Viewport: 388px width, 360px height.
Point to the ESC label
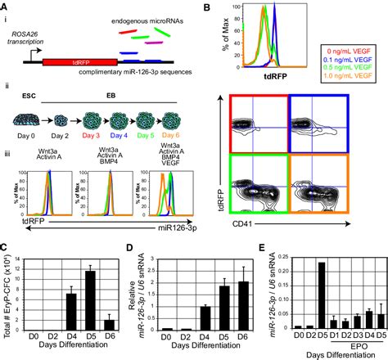coord(23,106)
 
